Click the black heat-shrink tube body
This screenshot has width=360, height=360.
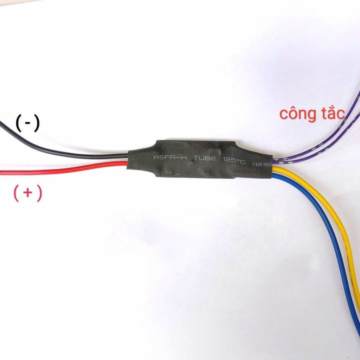(197, 169)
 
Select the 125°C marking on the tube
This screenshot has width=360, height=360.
(233, 160)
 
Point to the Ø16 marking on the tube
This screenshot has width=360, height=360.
(262, 164)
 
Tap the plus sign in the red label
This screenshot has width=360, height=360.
(28, 193)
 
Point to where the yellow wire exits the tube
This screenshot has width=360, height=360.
(274, 169)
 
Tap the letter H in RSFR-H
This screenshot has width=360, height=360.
(184, 157)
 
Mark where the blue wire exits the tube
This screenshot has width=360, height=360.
(274, 176)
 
